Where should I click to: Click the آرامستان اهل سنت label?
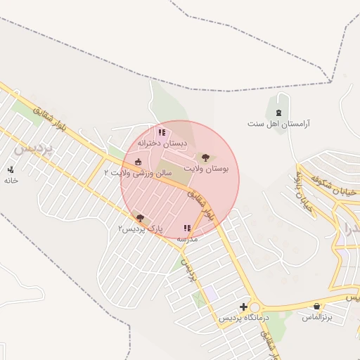coord(279,124)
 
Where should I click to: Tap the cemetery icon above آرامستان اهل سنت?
coord(279,112)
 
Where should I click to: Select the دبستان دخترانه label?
coord(162,142)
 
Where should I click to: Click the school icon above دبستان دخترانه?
coord(162,131)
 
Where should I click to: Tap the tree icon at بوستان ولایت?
coord(205,158)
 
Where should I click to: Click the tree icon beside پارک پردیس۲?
coord(140,218)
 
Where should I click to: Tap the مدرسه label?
coord(187,239)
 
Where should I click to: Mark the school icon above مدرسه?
coord(187,228)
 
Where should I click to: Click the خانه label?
coord(11,180)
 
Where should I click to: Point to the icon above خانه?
coord(11,169)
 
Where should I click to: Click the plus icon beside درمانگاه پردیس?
coord(243,307)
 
